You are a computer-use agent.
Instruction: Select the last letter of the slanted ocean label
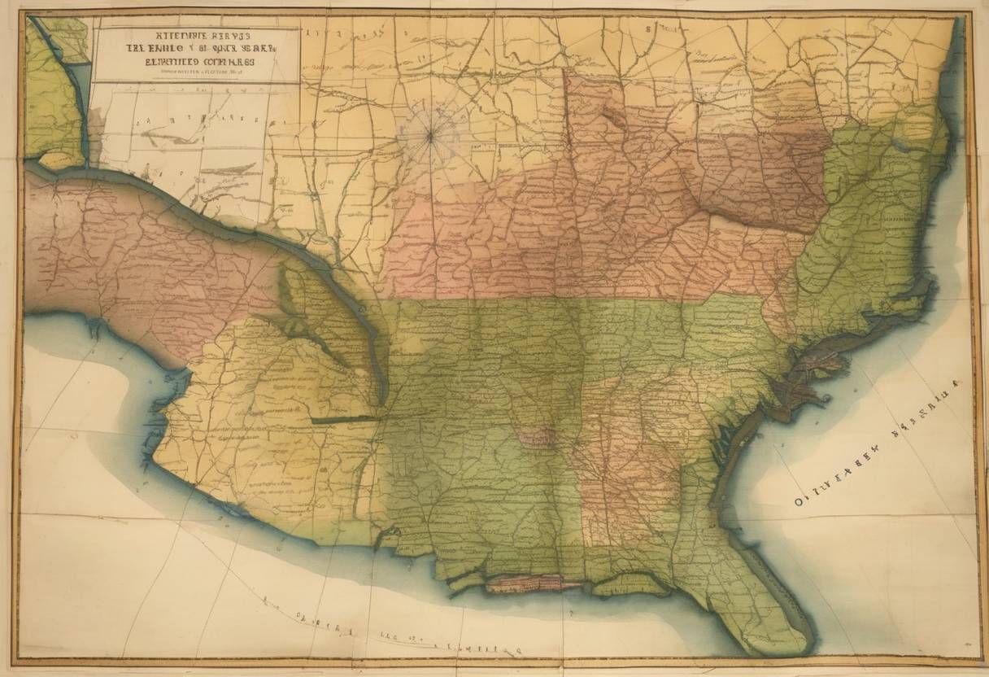pos(956,382)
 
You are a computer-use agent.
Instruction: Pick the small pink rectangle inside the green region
pos(536,439)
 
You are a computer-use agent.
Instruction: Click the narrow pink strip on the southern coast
pos(534,583)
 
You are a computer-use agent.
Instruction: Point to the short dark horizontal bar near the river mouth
pos(345,420)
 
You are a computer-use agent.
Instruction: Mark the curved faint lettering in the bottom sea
pos(390,635)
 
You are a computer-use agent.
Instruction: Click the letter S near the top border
pos(648,27)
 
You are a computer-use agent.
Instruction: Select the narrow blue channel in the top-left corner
pos(79,90)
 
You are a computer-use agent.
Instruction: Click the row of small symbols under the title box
pos(171,119)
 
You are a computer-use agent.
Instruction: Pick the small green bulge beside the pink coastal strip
pos(618,583)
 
